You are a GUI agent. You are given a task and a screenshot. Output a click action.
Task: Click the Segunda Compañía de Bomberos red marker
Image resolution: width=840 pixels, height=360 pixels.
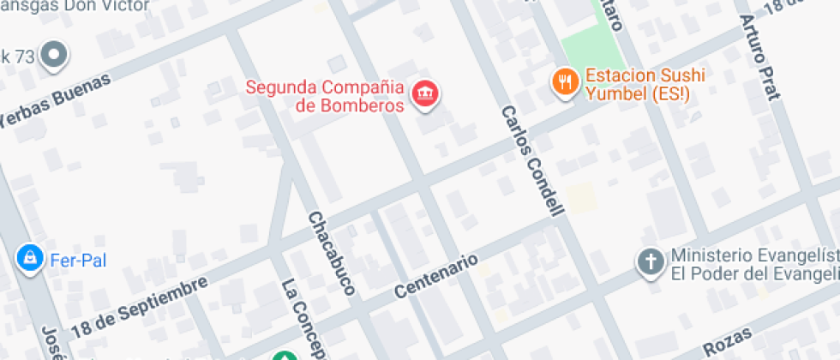(x=425, y=94)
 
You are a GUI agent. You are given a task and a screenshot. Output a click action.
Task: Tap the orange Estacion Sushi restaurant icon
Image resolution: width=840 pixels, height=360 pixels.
(x=563, y=83)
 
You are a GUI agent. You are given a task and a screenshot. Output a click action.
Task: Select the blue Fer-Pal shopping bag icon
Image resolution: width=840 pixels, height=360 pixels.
(x=30, y=257)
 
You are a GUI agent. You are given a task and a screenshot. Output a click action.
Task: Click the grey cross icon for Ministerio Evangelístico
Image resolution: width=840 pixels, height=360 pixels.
(x=651, y=262)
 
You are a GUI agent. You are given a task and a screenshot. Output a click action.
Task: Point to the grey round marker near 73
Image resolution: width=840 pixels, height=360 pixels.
(x=56, y=57)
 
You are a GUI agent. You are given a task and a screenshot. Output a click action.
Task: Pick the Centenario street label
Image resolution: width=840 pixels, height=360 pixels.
(x=435, y=274)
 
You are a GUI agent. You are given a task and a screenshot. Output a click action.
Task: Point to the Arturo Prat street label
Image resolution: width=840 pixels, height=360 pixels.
(x=761, y=57)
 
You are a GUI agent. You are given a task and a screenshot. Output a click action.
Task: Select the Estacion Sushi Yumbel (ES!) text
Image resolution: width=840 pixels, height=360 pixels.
(x=645, y=83)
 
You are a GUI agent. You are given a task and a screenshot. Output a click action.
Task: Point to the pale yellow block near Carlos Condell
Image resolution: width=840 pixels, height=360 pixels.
(x=581, y=198)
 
